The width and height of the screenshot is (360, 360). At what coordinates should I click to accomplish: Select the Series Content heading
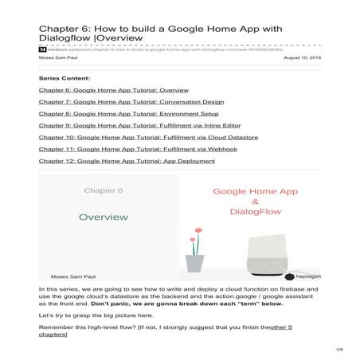coord(65,80)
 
